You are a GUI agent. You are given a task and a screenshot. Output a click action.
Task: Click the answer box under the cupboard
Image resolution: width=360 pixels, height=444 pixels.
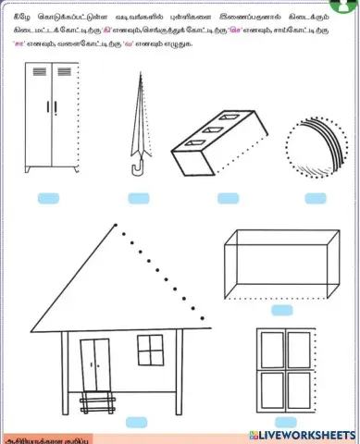48,198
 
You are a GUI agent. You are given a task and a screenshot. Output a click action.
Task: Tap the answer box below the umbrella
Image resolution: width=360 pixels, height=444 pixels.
140,198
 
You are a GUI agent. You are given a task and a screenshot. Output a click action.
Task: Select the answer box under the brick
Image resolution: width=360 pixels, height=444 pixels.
228,198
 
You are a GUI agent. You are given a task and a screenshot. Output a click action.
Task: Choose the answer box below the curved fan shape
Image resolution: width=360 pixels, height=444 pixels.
315,198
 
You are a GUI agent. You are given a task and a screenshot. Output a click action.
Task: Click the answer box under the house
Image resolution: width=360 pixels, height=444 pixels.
136,422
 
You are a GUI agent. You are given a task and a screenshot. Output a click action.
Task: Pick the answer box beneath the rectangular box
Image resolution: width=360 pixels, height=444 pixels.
281,310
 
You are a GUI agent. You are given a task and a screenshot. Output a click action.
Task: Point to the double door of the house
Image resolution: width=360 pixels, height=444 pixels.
93,363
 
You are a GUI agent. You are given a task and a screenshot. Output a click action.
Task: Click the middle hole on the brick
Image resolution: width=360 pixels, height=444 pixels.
217,134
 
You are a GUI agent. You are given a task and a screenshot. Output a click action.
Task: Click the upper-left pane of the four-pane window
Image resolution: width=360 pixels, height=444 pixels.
272,349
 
